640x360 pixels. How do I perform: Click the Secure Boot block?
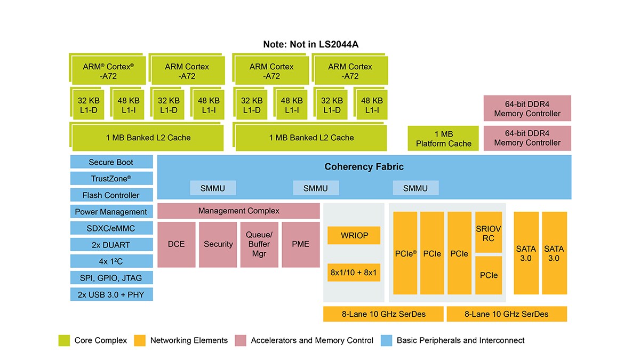click(x=111, y=162)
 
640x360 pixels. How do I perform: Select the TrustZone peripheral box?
click(x=111, y=179)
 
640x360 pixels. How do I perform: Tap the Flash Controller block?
click(x=111, y=195)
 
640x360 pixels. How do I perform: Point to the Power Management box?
click(x=111, y=212)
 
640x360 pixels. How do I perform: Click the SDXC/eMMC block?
click(x=111, y=228)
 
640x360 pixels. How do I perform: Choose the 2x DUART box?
click(x=111, y=245)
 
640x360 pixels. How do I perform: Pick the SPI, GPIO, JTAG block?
click(x=111, y=278)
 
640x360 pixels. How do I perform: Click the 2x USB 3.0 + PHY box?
click(x=111, y=294)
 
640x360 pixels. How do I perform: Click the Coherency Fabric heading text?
click(x=364, y=167)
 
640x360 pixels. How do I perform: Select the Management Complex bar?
click(x=238, y=211)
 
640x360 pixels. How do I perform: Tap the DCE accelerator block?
click(x=176, y=244)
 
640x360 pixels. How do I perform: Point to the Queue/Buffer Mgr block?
click(x=259, y=244)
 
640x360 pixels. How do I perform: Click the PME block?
click(x=301, y=244)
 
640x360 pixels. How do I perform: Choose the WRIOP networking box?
click(x=355, y=235)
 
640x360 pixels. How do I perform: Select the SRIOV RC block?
click(x=489, y=233)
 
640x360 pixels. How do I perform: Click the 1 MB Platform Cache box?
click(x=444, y=139)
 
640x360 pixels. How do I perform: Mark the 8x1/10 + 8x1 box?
click(x=355, y=273)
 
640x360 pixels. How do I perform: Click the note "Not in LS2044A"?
click(x=310, y=44)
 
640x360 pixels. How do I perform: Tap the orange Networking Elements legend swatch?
click(x=140, y=340)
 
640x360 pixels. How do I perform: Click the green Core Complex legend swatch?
click(x=64, y=340)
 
